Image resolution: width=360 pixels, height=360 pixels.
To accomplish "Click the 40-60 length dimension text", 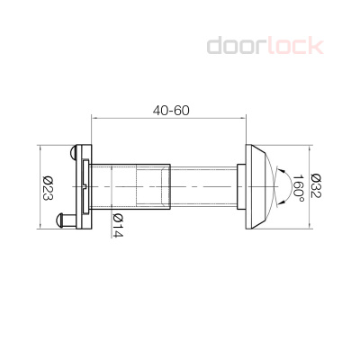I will [x=171, y=110].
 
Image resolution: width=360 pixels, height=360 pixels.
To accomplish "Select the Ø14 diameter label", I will [x=117, y=225].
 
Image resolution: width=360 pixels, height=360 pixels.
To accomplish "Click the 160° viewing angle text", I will [x=298, y=190].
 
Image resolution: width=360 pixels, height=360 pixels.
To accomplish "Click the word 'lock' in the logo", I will [x=296, y=45].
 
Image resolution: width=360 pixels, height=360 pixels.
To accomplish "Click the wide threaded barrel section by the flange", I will [x=131, y=185].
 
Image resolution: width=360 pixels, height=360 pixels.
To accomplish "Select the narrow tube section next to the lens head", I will [x=203, y=185].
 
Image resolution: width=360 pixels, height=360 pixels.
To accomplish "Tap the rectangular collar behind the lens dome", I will [x=241, y=185].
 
